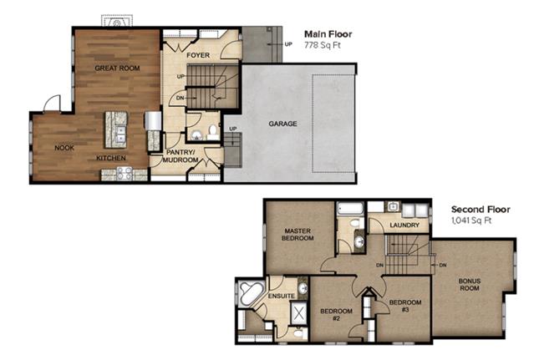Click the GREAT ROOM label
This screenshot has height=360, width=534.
pyautogui.click(x=117, y=68)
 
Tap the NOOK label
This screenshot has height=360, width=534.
pyautogui.click(x=64, y=148)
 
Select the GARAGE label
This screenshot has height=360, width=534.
pyautogui.click(x=282, y=124)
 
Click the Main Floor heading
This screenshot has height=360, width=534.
pyautogui.click(x=328, y=34)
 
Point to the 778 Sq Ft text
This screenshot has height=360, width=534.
pyautogui.click(x=323, y=45)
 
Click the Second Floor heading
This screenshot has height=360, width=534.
pyautogui.click(x=481, y=210)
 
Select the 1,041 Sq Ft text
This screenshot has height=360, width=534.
pyautogui.click(x=471, y=221)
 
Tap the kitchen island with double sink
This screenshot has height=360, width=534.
pyautogui.click(x=116, y=129)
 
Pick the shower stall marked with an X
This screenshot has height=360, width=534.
pyautogui.click(x=298, y=313)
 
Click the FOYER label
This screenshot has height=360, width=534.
pyautogui.click(x=198, y=55)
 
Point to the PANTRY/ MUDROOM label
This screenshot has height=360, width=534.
pyautogui.click(x=181, y=156)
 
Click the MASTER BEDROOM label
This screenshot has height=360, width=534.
pyautogui.click(x=298, y=235)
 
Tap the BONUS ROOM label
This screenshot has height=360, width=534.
pyautogui.click(x=470, y=285)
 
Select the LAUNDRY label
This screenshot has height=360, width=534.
pyautogui.click(x=404, y=226)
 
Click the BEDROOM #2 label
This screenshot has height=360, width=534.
pyautogui.click(x=336, y=315)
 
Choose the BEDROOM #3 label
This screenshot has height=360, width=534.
pyautogui.click(x=405, y=306)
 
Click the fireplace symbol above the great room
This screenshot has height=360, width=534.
pyautogui.click(x=117, y=21)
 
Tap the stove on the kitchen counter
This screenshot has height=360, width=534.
pyautogui.click(x=124, y=174)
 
